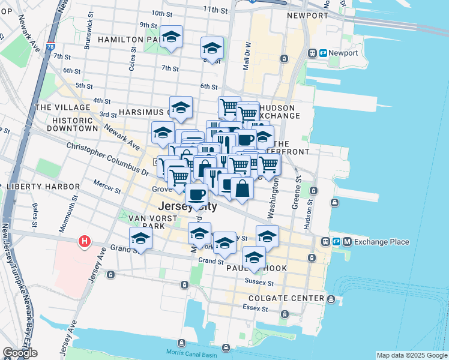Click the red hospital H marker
(x=85, y=242)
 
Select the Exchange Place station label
(x=381, y=242)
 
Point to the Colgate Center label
(x=291, y=298)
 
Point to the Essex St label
(x=255, y=308)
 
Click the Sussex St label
(x=259, y=282)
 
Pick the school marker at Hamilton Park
(x=172, y=38)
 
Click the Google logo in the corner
(x=20, y=353)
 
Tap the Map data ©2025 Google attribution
(x=412, y=355)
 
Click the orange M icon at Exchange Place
(x=347, y=242)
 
